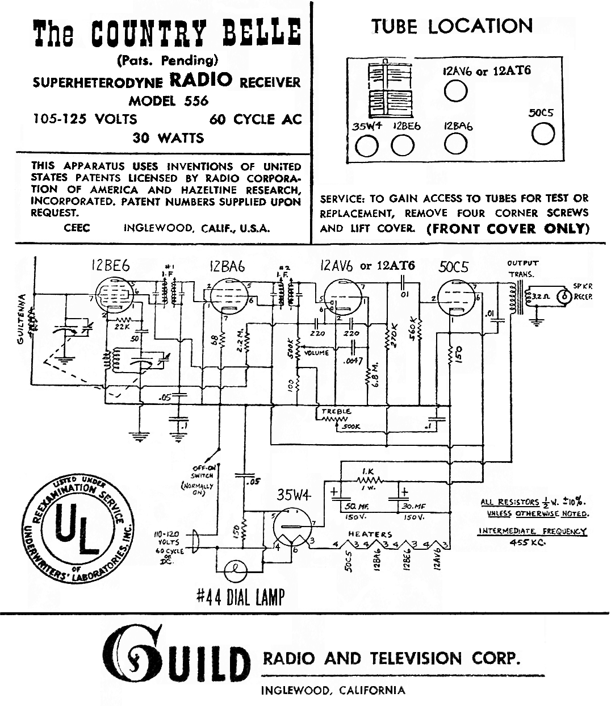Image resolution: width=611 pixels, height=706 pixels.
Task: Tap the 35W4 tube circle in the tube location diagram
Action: click(366, 147)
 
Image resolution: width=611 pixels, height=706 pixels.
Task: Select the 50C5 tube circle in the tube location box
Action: click(543, 134)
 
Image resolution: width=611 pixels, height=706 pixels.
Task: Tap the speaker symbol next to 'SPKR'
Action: click(564, 296)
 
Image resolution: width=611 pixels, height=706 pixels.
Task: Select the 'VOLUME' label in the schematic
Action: click(316, 353)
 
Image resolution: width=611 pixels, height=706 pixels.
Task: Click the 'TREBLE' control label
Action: click(336, 411)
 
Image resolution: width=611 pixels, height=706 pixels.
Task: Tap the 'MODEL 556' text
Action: click(169, 101)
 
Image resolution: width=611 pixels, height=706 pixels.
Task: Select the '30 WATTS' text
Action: click(168, 137)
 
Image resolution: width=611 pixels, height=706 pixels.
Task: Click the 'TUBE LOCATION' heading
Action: click(452, 26)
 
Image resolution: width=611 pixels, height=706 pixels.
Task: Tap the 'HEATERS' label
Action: click(370, 534)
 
